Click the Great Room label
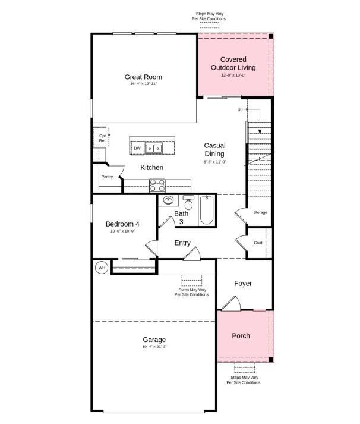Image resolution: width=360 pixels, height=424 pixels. click(x=143, y=77)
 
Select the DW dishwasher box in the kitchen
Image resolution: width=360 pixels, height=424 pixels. click(x=137, y=148)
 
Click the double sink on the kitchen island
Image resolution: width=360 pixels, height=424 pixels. click(x=154, y=148)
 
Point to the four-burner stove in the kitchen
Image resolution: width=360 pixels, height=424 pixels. click(x=157, y=185)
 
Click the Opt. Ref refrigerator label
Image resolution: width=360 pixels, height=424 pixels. click(x=102, y=138)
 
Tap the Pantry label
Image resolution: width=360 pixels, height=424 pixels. click(x=107, y=177)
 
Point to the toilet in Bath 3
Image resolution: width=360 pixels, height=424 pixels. click(x=188, y=203)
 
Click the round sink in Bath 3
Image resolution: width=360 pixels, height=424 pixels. click(x=168, y=200)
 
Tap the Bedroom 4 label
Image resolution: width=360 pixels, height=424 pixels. click(x=122, y=224)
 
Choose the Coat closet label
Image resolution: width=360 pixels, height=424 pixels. click(x=258, y=243)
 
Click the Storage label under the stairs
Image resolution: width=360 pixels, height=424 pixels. click(x=260, y=212)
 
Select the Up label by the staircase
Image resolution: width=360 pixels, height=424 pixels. click(x=240, y=109)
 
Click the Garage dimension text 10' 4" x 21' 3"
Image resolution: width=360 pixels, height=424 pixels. click(x=154, y=347)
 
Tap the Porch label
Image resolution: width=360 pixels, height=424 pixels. click(x=241, y=336)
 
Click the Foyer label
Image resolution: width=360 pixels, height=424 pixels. click(x=243, y=284)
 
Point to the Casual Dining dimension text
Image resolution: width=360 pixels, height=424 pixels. click(x=214, y=162)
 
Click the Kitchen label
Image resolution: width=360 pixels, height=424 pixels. click(x=151, y=168)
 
